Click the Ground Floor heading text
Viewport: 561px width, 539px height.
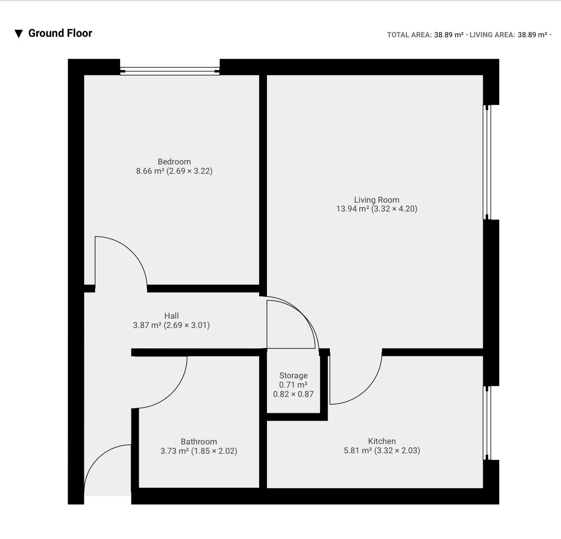(60, 34)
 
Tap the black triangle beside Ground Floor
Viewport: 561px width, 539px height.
(19, 34)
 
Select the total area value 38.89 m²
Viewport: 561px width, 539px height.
(449, 35)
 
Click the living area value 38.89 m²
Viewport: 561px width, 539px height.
(533, 35)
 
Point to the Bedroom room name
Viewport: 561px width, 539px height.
(174, 161)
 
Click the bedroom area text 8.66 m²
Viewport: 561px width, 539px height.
(150, 171)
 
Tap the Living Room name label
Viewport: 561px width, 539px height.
(376, 200)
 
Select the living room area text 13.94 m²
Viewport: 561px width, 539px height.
(353, 209)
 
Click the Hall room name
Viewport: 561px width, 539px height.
(171, 315)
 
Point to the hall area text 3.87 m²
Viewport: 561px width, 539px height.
(147, 325)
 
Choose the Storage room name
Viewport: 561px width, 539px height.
(293, 375)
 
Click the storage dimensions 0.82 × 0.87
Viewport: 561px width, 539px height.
(293, 394)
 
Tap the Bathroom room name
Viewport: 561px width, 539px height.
(198, 442)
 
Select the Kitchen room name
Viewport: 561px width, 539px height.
(382, 441)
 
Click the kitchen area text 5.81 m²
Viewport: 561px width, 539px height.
(358, 450)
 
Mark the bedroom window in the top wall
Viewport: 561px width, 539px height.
(170, 71)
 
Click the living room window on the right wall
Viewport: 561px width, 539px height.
(487, 162)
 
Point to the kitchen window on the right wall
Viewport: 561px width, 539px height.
(487, 423)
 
